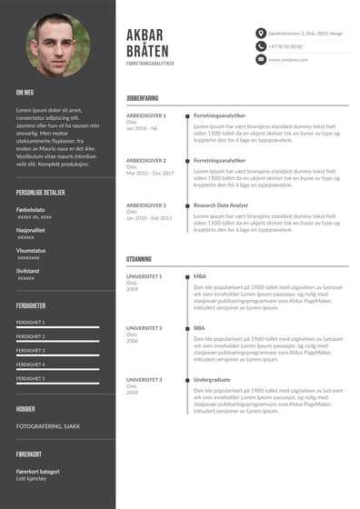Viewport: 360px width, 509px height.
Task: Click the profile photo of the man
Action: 57,45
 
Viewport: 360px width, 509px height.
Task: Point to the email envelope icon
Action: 262,59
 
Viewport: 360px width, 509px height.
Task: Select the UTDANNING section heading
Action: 139,259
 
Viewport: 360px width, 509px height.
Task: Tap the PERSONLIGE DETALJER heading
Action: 41,193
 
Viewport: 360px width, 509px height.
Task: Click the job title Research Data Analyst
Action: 222,205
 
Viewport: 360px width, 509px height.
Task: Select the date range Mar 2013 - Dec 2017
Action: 149,173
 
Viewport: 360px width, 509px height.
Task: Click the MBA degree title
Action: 200,275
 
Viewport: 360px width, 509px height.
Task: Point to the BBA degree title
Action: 199,327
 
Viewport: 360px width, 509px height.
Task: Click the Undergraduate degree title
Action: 213,379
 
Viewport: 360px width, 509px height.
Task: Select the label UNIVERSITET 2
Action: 145,327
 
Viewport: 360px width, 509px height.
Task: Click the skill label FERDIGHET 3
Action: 30,350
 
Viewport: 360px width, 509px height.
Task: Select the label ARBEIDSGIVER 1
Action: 146,115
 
